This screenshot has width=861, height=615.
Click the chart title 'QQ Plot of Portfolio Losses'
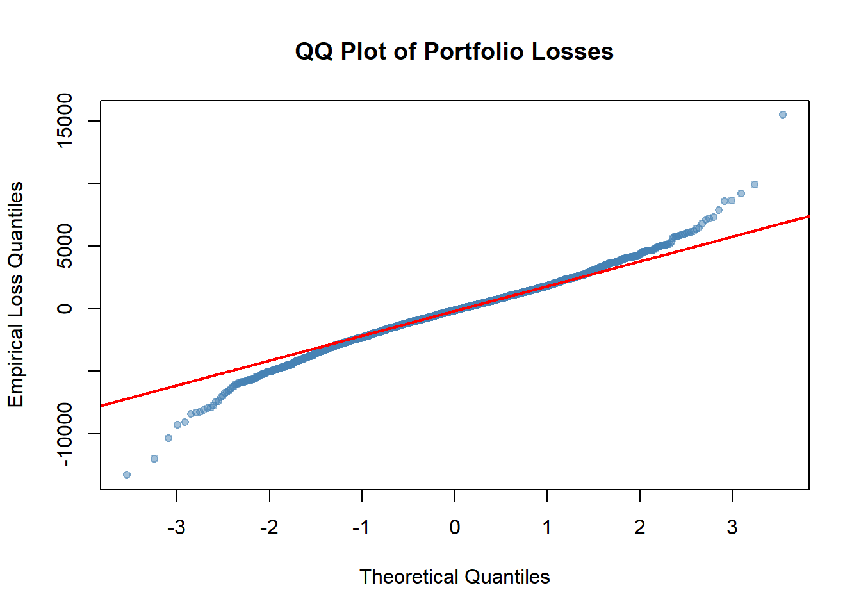point(454,51)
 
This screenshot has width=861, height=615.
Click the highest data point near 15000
point(782,115)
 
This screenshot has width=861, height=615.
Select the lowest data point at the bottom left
point(127,475)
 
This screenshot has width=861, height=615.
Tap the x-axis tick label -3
point(176,527)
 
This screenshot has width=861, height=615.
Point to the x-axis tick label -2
point(269,527)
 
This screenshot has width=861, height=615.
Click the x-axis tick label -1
point(361,527)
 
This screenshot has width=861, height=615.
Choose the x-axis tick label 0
point(454,527)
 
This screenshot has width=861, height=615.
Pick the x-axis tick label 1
point(547,527)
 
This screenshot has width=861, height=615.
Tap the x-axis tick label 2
point(639,527)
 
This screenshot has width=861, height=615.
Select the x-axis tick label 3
point(732,527)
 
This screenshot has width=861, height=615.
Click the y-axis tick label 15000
point(65,120)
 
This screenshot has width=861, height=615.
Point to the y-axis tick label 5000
point(65,246)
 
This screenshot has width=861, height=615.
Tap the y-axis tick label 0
point(65,309)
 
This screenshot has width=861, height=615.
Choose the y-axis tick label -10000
point(65,434)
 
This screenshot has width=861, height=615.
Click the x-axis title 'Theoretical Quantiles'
point(454,577)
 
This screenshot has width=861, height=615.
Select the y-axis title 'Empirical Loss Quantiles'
point(15,295)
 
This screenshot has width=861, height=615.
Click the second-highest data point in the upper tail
point(754,184)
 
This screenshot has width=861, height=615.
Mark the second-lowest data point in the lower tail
point(154,459)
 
